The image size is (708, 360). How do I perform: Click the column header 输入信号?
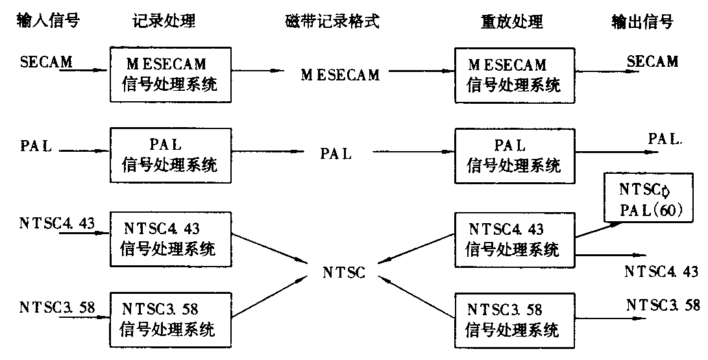pos(47,21)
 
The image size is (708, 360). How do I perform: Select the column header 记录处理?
pos(160,21)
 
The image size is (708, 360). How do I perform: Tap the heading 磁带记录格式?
pos(332,21)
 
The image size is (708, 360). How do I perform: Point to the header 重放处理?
pos(506,21)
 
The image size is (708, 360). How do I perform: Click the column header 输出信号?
pos(642,21)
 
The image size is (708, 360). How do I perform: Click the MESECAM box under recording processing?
pos(169,74)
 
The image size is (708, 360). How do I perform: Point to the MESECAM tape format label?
pos(340,75)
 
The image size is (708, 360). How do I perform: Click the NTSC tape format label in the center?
pos(344,273)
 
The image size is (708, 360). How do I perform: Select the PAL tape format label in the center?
pos(336,155)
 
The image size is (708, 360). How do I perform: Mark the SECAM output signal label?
pos(652,62)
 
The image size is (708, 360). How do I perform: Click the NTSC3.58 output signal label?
pos(663,305)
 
